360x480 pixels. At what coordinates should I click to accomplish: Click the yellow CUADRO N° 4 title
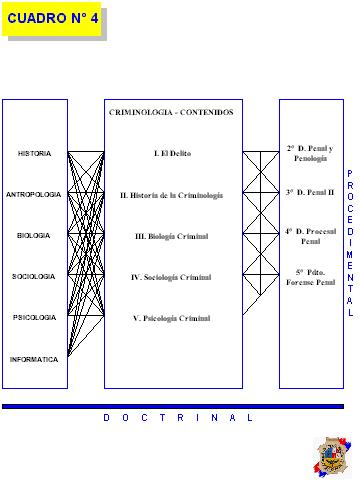[x=52, y=19]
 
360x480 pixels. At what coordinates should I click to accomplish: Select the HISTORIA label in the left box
[x=34, y=154]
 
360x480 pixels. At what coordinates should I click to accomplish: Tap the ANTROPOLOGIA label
[x=34, y=195]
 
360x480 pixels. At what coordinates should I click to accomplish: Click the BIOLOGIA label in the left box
[x=34, y=236]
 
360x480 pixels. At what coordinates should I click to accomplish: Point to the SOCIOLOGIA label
[x=34, y=277]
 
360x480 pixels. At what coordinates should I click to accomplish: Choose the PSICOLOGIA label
[x=34, y=318]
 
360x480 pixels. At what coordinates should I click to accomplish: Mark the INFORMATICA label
[x=34, y=360]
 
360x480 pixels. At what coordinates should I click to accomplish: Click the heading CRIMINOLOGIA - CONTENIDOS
[x=171, y=112]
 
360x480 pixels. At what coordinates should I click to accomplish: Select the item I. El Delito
[x=172, y=153]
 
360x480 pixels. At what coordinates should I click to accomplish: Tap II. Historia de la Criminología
[x=171, y=195]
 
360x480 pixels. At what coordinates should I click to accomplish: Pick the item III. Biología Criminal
[x=172, y=236]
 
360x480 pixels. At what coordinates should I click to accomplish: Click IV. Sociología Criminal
[x=171, y=277]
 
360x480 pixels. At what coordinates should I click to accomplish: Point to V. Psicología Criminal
[x=172, y=318]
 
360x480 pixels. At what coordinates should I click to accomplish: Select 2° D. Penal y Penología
[x=310, y=153]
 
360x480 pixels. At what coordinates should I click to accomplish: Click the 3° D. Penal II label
[x=310, y=192]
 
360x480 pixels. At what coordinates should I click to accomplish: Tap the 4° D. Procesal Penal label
[x=311, y=236]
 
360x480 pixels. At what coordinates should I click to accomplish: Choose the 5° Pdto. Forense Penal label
[x=311, y=277]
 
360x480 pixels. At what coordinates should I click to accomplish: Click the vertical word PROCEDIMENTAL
[x=350, y=243]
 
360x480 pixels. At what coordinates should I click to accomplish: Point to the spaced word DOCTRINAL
[x=178, y=418]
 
